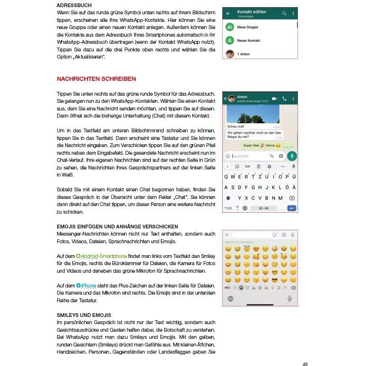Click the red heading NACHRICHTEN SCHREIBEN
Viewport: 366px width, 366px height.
click(x=96, y=79)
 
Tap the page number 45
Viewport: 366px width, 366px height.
click(x=305, y=364)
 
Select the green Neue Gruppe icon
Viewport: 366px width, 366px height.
click(x=230, y=28)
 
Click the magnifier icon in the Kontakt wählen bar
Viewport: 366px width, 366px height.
click(x=285, y=13)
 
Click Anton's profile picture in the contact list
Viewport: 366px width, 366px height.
click(x=230, y=54)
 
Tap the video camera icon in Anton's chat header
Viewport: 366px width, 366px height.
click(x=274, y=99)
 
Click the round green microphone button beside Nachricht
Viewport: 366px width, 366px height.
click(x=292, y=156)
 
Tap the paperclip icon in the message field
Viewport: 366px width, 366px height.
click(x=271, y=156)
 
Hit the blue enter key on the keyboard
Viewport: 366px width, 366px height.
click(x=292, y=208)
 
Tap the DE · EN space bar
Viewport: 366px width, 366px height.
click(x=263, y=208)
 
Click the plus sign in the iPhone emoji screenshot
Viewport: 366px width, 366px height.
click(x=227, y=235)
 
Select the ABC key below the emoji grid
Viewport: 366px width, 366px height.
click(x=228, y=287)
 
